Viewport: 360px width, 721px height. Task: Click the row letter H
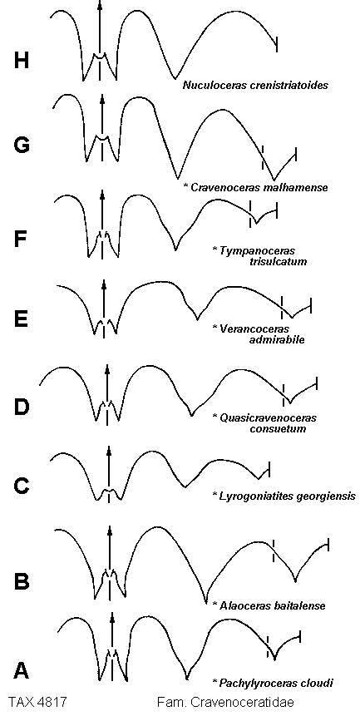(x=21, y=60)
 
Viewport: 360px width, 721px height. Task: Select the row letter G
(x=22, y=145)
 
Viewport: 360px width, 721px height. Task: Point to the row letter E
(x=21, y=319)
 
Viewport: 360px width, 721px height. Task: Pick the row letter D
(x=22, y=407)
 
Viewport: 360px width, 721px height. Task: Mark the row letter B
(x=22, y=580)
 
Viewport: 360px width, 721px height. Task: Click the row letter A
(x=22, y=670)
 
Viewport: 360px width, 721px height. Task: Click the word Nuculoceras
(x=210, y=85)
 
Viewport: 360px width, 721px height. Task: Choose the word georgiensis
(x=328, y=496)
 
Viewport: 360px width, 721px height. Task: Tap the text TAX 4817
(x=37, y=702)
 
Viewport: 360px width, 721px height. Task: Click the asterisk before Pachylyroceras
(x=214, y=680)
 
